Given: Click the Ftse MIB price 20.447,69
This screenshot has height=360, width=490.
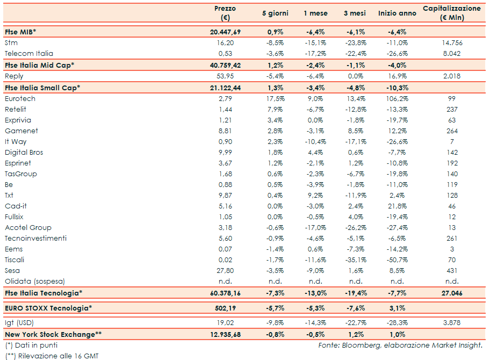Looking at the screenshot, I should click(226, 32).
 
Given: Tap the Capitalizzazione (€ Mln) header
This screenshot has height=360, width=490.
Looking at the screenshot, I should click(451, 13).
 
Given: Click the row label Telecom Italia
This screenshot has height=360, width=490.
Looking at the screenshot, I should click(28, 54).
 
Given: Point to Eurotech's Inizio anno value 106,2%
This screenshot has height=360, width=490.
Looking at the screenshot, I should click(397, 99).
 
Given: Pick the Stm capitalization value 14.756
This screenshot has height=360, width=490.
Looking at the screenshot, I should click(451, 43).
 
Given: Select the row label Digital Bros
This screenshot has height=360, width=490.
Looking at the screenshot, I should click(24, 153).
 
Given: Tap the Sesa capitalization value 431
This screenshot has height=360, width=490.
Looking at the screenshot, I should click(452, 271).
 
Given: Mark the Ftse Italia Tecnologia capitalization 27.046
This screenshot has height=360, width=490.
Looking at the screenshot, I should click(451, 293).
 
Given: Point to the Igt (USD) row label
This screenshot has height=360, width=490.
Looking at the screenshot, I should click(19, 323).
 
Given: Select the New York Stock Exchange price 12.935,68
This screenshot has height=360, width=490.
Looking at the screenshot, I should click(226, 335).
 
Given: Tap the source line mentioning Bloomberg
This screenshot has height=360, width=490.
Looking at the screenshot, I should click(400, 345).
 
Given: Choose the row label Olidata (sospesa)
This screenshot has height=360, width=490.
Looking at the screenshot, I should click(34, 282).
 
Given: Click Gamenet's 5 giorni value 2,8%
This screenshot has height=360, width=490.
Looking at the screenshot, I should click(275, 131).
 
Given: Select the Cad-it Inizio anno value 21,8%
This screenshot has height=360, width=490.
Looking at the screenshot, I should click(397, 206).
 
